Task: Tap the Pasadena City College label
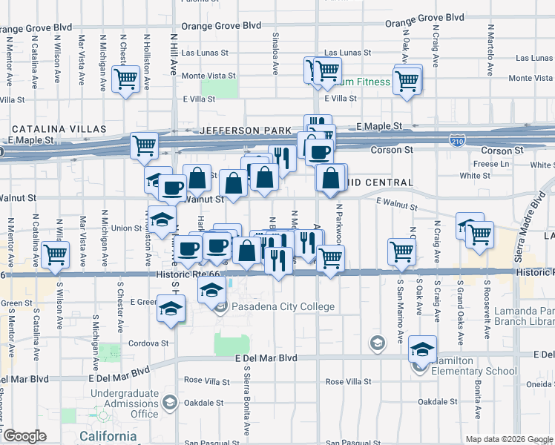[284, 306]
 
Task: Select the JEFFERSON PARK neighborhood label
[246, 131]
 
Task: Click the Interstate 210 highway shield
[459, 139]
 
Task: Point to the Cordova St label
[149, 343]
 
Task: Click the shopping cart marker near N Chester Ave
[125, 78]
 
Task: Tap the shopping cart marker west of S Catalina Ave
[56, 255]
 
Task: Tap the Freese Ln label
[491, 163]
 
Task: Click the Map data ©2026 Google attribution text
[508, 439]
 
